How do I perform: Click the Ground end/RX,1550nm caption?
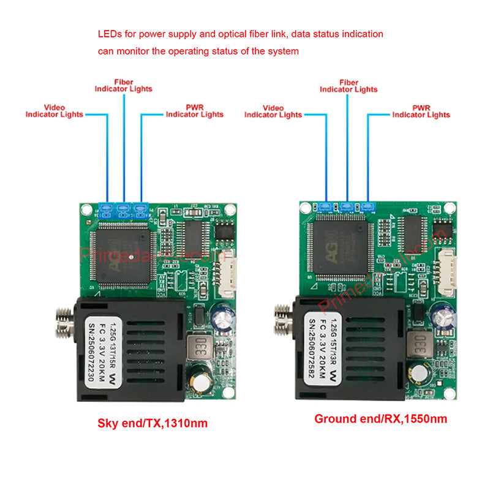pos(380,419)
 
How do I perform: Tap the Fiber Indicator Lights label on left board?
pos(123,85)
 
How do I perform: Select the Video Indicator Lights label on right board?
pos(273,111)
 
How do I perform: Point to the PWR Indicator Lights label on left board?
pos(195,110)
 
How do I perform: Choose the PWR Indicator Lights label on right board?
pos(421,111)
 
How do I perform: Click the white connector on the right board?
pos(450,270)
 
